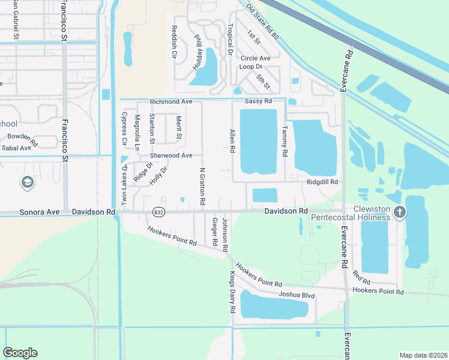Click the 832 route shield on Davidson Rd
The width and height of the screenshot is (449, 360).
[x=158, y=212]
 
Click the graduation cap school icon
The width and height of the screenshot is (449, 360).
[x=27, y=182]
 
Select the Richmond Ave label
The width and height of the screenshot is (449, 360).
[x=171, y=102]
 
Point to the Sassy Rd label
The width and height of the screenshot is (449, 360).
[x=258, y=101]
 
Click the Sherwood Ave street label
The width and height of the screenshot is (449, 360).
[x=171, y=155]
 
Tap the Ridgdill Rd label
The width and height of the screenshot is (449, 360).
[x=322, y=182]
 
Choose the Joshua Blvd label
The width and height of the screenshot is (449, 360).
[x=297, y=295]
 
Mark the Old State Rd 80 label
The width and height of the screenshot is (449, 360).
[x=263, y=20]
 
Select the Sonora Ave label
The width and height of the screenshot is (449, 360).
[x=40, y=212]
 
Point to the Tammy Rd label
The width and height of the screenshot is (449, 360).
[x=285, y=141]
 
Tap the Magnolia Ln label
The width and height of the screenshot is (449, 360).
[x=137, y=132]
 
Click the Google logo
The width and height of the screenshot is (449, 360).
[x=20, y=353]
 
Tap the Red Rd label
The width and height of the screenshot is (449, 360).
[x=361, y=277]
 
